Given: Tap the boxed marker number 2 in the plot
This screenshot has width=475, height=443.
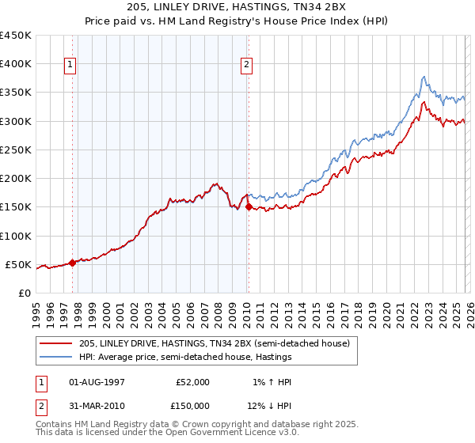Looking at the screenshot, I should coord(248,65).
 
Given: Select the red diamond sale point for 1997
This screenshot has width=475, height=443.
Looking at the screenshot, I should coord(73,263).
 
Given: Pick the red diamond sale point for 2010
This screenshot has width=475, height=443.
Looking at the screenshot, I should coord(249,207).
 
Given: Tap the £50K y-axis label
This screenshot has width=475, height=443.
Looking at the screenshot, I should coord(19,264).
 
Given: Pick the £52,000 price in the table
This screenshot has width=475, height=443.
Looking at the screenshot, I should coord(193,382).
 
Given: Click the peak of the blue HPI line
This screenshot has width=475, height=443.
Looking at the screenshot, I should coord(424,77).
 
